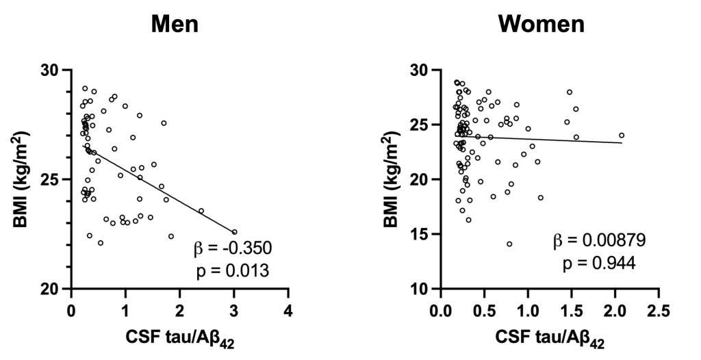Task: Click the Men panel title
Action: click(x=175, y=24)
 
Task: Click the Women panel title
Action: click(x=541, y=24)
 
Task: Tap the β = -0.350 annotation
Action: click(x=232, y=248)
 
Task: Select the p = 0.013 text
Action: click(x=233, y=271)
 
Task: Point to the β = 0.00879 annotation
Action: click(x=600, y=241)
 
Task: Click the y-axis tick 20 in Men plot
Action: click(x=55, y=288)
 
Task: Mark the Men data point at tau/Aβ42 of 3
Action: click(x=234, y=232)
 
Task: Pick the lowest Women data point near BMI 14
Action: click(x=509, y=244)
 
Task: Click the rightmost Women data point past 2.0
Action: click(x=622, y=136)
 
